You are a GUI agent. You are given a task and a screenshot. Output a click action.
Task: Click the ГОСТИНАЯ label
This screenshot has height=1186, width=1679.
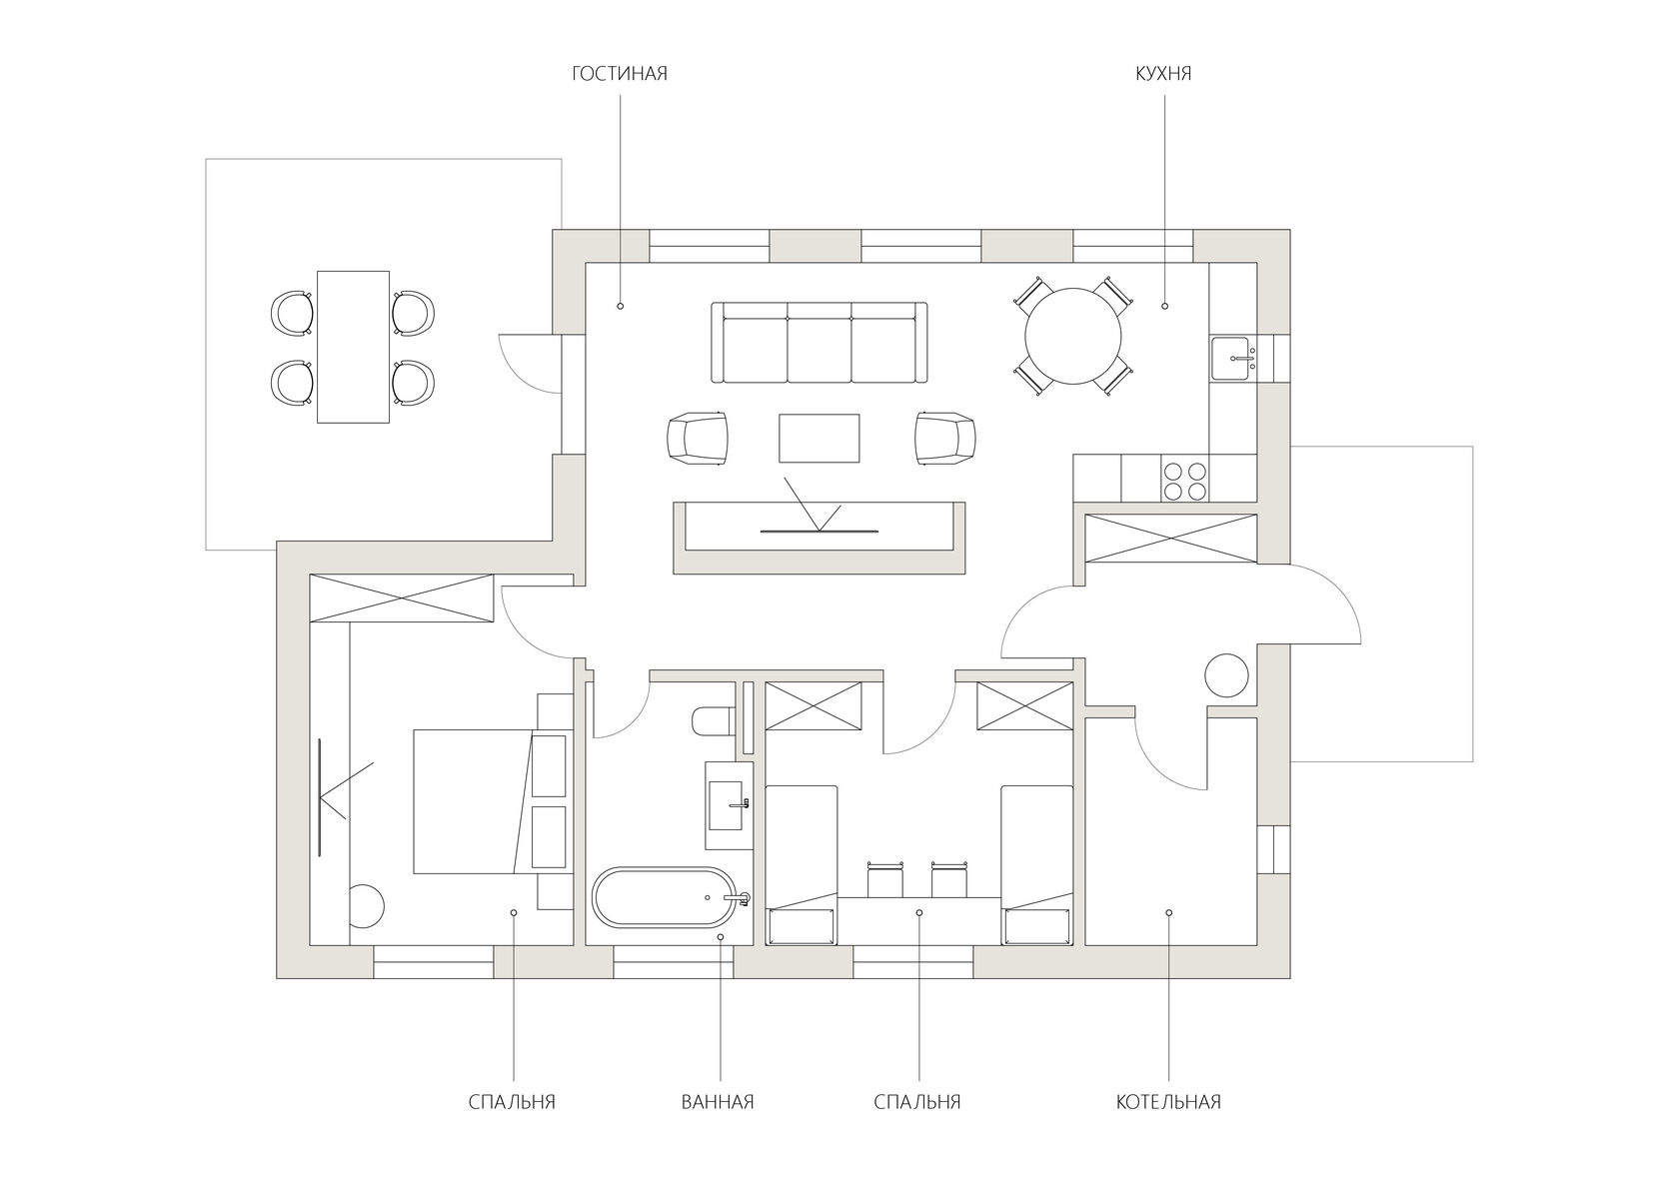tap(620, 73)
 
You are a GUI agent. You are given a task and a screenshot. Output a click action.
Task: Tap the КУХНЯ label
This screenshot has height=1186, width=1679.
tap(1163, 73)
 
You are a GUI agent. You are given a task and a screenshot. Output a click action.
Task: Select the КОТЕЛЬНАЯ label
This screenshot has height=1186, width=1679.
tap(1168, 1102)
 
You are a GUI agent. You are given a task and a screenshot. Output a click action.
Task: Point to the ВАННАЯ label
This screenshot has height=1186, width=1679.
tap(718, 1102)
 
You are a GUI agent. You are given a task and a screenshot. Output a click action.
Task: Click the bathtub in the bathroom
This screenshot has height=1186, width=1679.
tap(671, 897)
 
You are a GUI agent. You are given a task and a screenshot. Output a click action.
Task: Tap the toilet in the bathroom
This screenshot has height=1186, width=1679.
tap(712, 721)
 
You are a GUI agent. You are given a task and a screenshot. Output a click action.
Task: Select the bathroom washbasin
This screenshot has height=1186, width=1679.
tap(729, 805)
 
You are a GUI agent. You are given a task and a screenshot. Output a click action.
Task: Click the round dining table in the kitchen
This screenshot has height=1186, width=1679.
tap(1073, 336)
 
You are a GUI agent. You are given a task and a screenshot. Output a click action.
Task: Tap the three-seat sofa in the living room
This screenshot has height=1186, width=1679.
tap(819, 343)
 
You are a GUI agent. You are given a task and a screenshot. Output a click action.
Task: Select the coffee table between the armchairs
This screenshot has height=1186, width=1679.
tap(819, 439)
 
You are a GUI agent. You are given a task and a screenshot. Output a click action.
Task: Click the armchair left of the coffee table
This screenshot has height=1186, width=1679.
tap(698, 439)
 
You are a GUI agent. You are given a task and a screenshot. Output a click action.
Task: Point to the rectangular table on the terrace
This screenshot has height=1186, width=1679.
tap(353, 347)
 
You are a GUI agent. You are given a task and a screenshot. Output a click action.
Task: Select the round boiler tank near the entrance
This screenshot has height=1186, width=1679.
tap(1226, 675)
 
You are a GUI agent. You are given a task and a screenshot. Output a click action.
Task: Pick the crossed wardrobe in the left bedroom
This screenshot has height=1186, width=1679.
tap(402, 597)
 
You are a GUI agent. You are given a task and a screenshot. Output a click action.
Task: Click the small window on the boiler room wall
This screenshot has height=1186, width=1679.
tap(1273, 849)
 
